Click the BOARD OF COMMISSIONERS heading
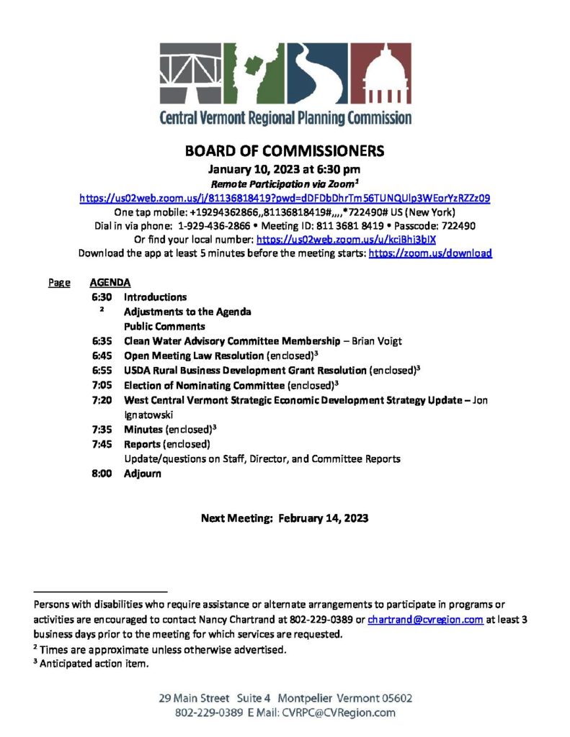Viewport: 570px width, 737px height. pos(285,151)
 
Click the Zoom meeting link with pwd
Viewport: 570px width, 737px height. pos(285,197)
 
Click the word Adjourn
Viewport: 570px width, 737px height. pos(143,474)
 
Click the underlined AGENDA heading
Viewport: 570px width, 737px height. pos(110,283)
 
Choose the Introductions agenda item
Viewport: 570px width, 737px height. pos(155,297)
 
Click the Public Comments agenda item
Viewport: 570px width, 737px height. pos(164,325)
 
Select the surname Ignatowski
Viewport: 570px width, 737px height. pos(149,414)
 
